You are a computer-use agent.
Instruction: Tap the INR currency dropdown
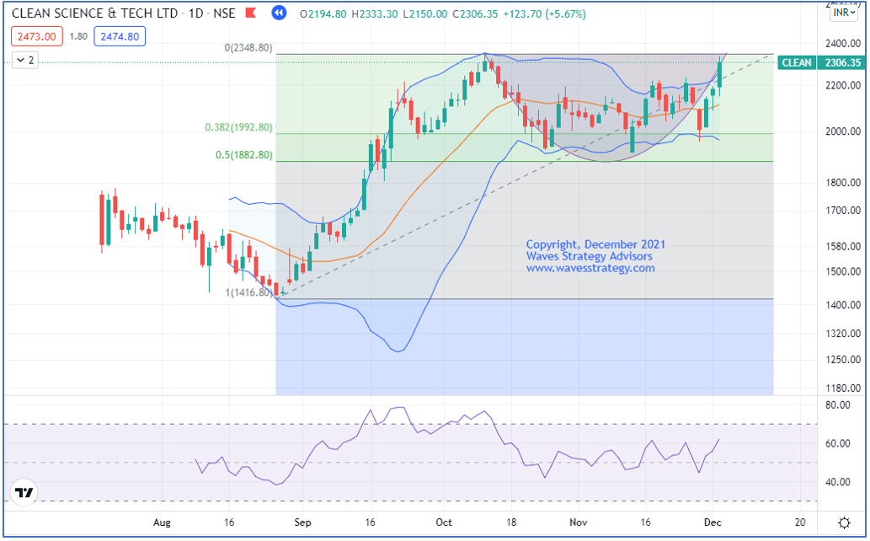coord(842,13)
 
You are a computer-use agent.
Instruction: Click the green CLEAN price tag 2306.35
coord(819,62)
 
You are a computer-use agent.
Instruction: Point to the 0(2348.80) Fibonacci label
coord(248,48)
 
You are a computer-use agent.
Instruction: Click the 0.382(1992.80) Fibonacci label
coord(238,127)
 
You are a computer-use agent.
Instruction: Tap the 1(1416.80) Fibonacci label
coord(249,292)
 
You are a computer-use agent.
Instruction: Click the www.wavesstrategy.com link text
coord(590,268)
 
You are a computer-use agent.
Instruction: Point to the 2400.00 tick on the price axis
coord(841,43)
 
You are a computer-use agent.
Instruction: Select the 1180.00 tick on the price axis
coord(841,388)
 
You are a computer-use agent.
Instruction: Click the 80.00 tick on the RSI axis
coord(838,405)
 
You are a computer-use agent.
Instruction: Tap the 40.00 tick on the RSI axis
coord(838,482)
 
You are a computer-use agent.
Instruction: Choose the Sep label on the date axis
coord(303,522)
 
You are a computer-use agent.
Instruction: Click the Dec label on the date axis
coord(712,522)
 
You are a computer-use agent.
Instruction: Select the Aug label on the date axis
coord(163,522)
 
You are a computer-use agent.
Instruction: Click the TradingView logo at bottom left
coord(24,493)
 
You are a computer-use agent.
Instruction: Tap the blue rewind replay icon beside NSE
coord(280,14)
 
